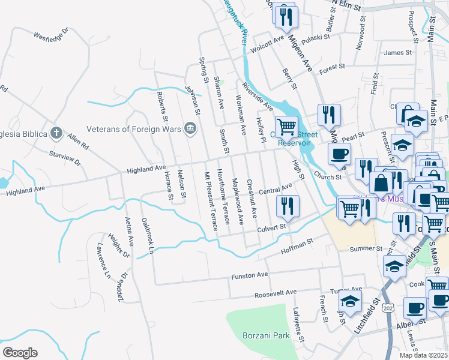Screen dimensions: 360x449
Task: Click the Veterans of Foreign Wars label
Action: (133, 128)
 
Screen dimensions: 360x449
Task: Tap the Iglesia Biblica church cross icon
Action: (56, 133)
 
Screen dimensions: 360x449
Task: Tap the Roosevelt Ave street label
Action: (276, 293)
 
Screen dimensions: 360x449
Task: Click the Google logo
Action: (19, 353)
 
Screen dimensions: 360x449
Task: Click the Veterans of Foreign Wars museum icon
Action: (191, 128)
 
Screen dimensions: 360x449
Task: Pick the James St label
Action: (397, 53)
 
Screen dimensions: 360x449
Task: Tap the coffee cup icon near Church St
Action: (340, 153)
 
